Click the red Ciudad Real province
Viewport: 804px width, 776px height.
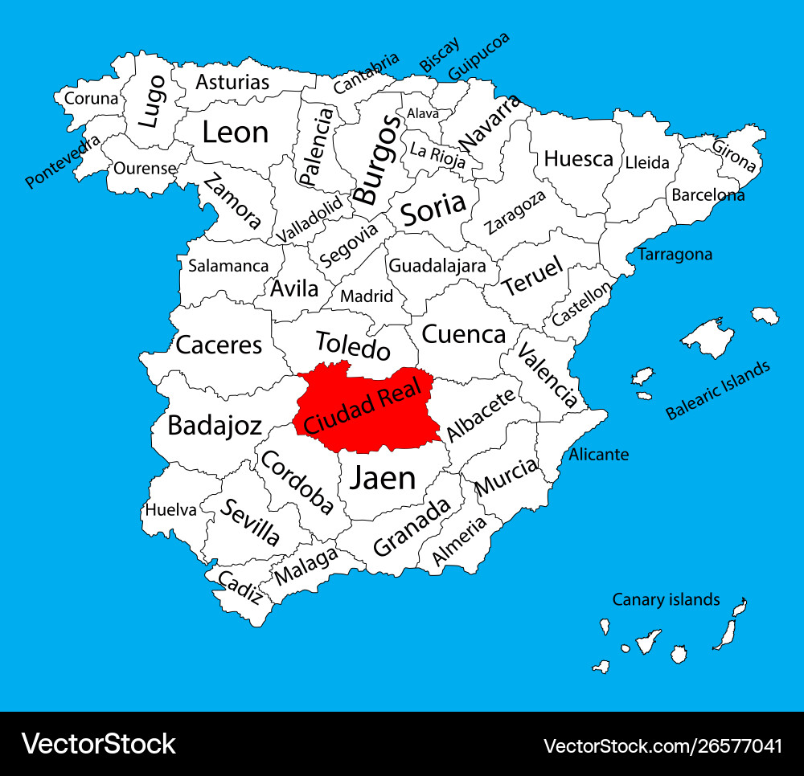coord(366,406)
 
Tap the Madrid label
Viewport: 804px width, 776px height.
coord(367,296)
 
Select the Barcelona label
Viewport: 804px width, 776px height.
coord(708,194)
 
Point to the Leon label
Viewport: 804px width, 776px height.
coord(235,133)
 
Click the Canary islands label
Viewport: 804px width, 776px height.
coord(666,599)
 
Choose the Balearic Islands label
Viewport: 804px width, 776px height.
coord(717,390)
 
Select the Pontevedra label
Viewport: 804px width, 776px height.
coord(64,161)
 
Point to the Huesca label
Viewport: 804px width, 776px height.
coord(578,159)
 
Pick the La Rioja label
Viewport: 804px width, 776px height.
coord(437,154)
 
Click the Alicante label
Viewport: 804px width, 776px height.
coord(599,455)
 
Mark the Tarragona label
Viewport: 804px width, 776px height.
coord(675,255)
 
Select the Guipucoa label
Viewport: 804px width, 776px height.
coord(478,56)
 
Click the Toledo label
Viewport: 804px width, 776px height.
coord(352,345)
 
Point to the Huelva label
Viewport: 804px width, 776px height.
coord(170,509)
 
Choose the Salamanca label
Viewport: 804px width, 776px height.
coord(228,266)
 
